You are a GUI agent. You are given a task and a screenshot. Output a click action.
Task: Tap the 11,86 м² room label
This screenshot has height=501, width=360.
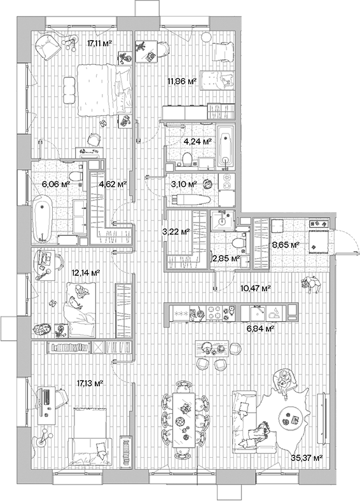(181, 81)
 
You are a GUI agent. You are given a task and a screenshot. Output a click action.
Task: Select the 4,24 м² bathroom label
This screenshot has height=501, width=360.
(198, 142)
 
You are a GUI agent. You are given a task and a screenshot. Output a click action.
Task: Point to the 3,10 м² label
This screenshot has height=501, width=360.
(184, 184)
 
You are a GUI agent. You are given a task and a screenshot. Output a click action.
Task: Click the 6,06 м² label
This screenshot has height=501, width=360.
(55, 184)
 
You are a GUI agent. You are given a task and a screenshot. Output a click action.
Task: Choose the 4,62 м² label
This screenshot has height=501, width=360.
(113, 184)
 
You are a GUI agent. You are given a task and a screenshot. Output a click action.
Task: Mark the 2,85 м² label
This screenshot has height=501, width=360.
(225, 259)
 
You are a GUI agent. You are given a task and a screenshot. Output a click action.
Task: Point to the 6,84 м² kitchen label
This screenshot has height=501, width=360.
(261, 329)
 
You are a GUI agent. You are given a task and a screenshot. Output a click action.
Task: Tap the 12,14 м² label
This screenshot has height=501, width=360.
(87, 272)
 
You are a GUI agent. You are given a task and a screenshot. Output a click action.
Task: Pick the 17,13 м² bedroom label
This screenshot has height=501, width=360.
(90, 383)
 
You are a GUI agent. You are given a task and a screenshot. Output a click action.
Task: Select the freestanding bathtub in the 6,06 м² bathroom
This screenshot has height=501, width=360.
(42, 219)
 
